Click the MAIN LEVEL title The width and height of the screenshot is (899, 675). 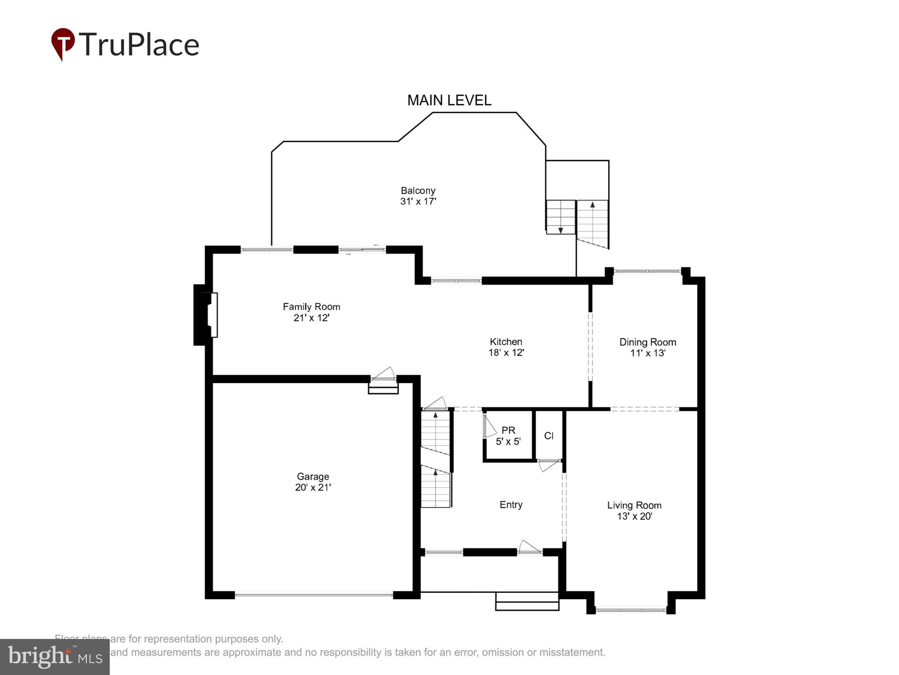[x=449, y=101]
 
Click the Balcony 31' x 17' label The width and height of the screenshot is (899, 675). [x=418, y=196]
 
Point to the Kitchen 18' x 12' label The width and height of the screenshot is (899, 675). [x=506, y=347]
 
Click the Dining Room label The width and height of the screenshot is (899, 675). [x=647, y=347]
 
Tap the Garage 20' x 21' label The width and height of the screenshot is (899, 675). [x=313, y=482]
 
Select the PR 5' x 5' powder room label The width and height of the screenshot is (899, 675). [x=508, y=435]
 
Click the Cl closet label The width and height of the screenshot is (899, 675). [x=549, y=435]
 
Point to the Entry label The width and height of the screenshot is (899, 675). [x=511, y=504]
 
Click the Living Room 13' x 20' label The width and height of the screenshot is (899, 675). [x=634, y=510]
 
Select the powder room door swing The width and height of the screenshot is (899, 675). [x=489, y=426]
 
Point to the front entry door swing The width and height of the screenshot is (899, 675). [x=529, y=547]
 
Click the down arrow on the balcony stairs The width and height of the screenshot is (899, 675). [x=561, y=230]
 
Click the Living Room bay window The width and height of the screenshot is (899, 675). [x=631, y=610]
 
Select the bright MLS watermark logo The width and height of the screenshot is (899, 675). [x=55, y=657]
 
